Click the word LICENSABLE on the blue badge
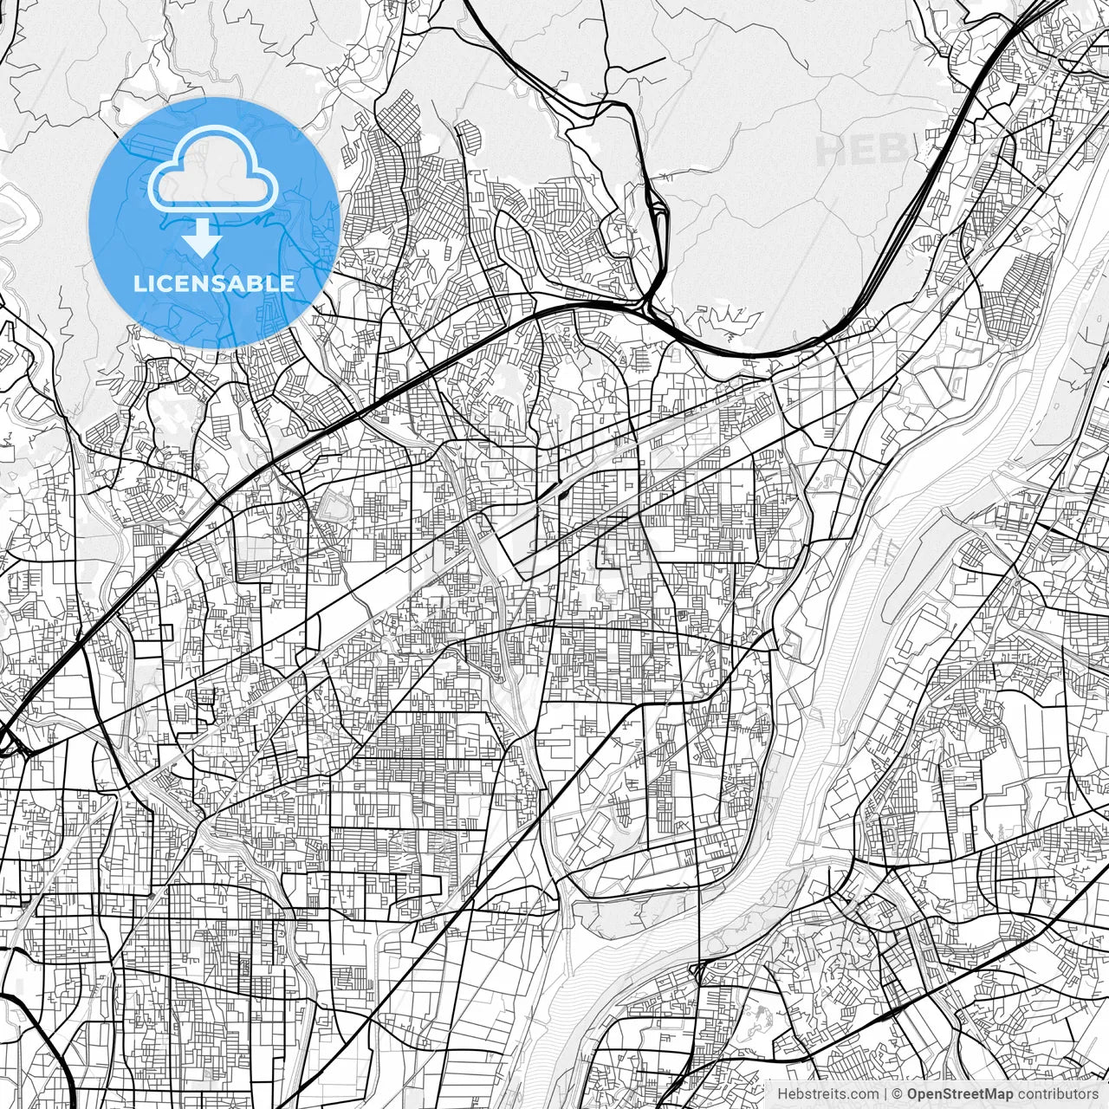[x=213, y=283]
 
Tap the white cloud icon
[x=213, y=171]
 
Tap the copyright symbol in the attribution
[x=898, y=1094]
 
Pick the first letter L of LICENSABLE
[x=139, y=283]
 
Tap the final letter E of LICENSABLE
[x=289, y=283]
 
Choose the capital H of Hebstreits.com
[x=782, y=1094]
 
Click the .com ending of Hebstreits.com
[x=862, y=1094]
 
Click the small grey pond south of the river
[x=762, y=1014]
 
